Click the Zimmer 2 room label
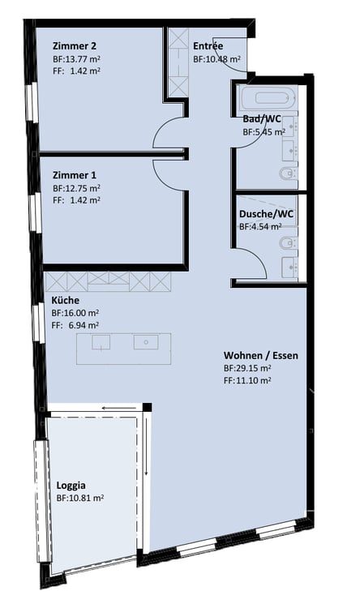point(75,46)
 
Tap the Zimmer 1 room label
point(74,175)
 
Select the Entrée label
point(208,46)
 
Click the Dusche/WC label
point(266,214)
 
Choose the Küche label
point(66,300)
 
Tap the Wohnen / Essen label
point(261,355)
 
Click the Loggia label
point(71,486)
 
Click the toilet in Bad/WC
point(288,173)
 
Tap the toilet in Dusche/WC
point(288,243)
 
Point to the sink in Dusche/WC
point(289,268)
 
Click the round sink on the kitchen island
point(146,342)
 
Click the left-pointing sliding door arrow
point(119,408)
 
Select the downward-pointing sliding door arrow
point(147,447)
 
